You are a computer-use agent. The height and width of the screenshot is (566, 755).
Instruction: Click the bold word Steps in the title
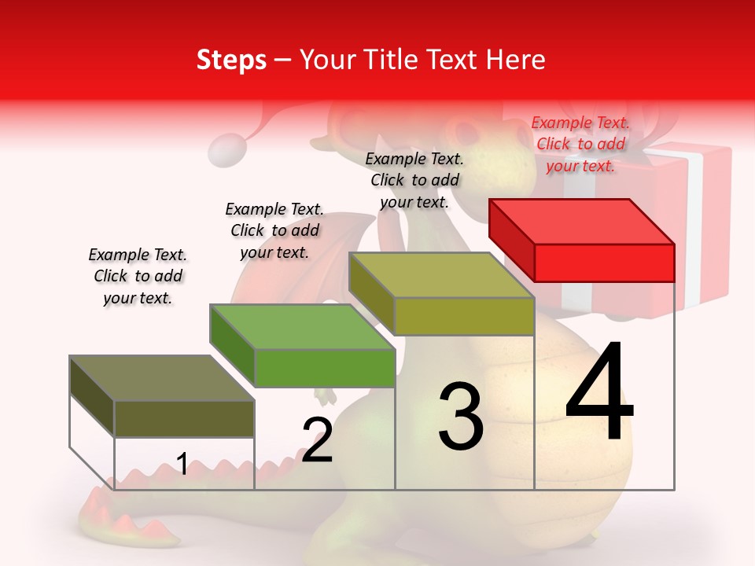tap(231, 60)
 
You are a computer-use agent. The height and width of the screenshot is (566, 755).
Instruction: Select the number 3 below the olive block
tap(461, 417)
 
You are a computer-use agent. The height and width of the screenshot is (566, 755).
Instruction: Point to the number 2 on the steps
tap(318, 440)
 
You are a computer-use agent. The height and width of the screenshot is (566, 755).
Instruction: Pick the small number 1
tap(182, 465)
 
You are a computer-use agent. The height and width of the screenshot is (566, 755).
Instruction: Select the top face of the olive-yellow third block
tap(440, 275)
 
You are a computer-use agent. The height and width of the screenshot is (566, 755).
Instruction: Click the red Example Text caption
tap(580, 144)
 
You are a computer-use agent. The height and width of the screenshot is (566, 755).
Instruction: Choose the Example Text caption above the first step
tap(138, 276)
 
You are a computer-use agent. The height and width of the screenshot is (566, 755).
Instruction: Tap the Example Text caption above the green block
tap(274, 230)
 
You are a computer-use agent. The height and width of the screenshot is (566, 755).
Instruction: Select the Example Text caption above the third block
tap(414, 180)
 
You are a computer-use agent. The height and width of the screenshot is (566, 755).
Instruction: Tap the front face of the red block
tap(604, 263)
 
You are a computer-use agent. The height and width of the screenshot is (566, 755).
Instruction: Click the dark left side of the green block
tap(233, 346)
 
